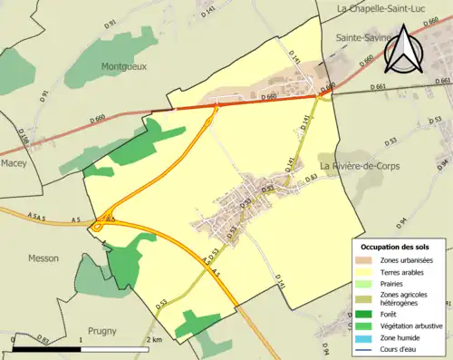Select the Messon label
pyautogui.click(x=43, y=258)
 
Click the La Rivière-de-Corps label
pyautogui.click(x=359, y=166)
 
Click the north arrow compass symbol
pyautogui.click(x=403, y=50)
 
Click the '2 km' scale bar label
pyautogui.click(x=154, y=339)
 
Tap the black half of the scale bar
pyautogui.click(x=48, y=348)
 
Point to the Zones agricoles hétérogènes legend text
pyautogui.click(x=404, y=299)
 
